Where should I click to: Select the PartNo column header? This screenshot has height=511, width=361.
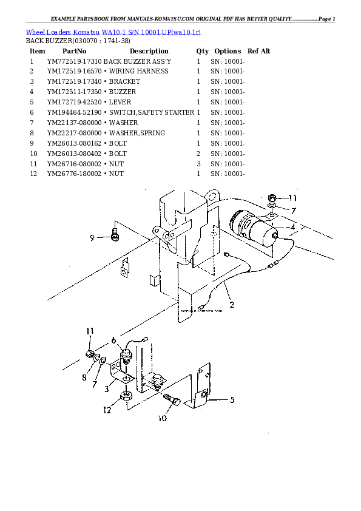[74, 51]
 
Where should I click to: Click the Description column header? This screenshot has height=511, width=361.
[149, 51]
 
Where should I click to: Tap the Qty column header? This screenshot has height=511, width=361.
[202, 51]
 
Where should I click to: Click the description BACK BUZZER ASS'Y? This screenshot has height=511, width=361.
[137, 61]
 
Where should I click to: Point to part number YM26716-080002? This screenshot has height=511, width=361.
[74, 164]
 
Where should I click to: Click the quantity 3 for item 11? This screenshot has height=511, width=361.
[198, 164]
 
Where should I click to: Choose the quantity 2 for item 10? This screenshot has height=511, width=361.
[198, 154]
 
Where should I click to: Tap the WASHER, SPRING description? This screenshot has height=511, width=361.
[133, 133]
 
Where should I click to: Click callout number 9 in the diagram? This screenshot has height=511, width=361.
[92, 239]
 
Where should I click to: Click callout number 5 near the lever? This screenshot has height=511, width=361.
[231, 400]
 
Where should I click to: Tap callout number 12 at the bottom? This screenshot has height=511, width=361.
[107, 410]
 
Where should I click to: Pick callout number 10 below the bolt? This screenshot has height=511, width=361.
[163, 418]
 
